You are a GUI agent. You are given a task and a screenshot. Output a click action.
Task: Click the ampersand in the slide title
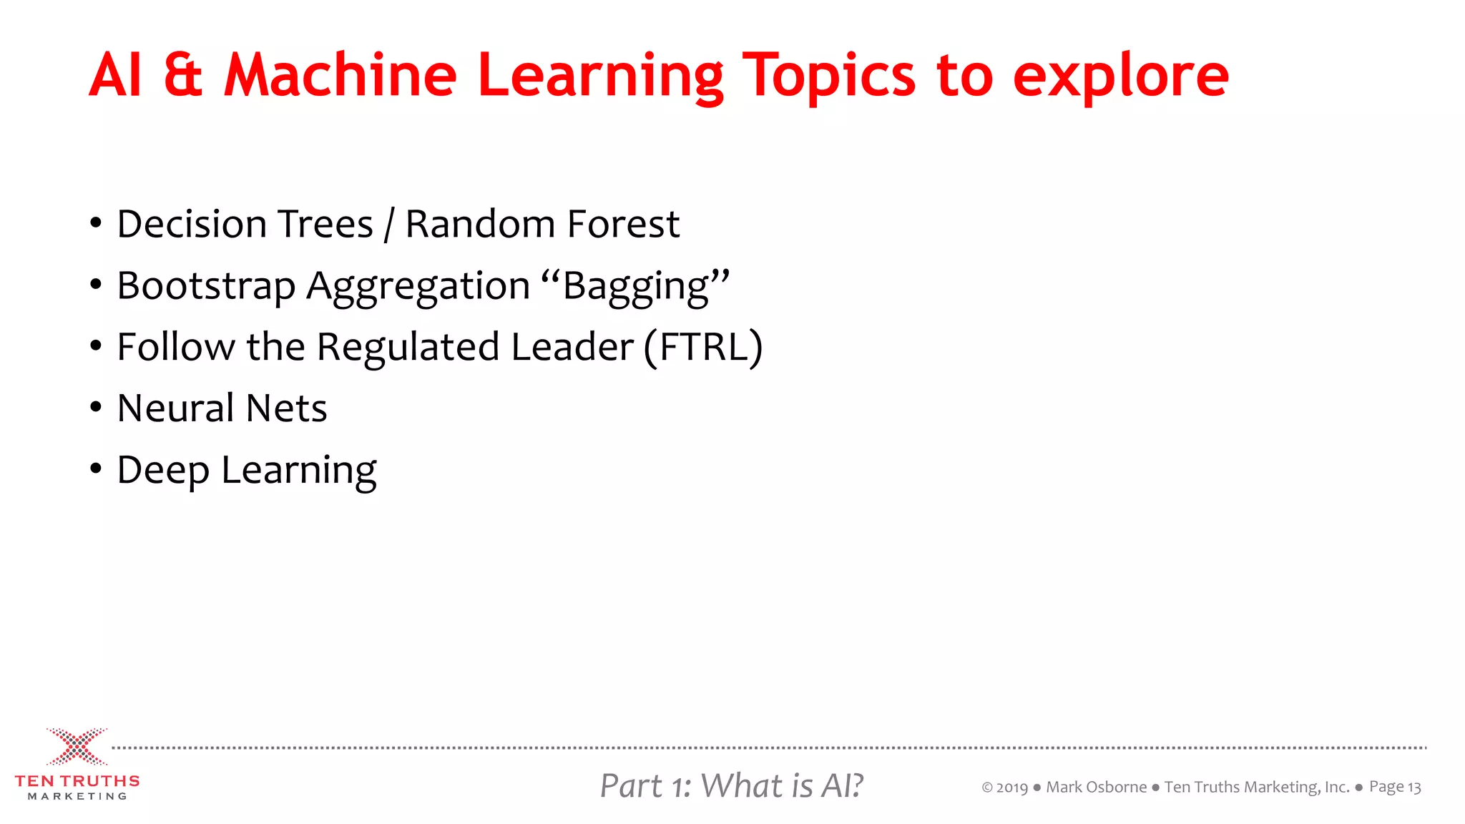coord(183,75)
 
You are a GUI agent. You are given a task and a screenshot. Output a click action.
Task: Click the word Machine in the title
coord(340,75)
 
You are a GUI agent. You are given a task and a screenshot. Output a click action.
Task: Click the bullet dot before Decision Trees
coord(96,223)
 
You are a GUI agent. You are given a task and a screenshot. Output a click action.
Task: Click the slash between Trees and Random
coord(389,225)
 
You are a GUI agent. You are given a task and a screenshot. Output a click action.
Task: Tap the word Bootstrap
coord(206,286)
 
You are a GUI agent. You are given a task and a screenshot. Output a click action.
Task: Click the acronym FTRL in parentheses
coord(703,348)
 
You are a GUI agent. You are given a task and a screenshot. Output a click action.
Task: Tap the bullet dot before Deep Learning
coord(96,469)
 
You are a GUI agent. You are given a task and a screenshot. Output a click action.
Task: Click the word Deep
coord(163,471)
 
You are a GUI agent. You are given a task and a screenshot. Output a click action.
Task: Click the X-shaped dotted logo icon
coord(77,747)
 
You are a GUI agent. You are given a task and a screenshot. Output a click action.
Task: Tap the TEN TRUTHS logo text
coord(77,781)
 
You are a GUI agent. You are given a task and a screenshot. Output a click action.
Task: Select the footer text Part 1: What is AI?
coord(731,785)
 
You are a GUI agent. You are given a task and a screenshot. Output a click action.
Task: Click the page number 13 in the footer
coord(1414,788)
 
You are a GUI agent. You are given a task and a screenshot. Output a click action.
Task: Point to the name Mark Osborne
coord(1096,788)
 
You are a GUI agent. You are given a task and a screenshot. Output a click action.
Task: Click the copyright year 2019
coord(1011,788)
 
